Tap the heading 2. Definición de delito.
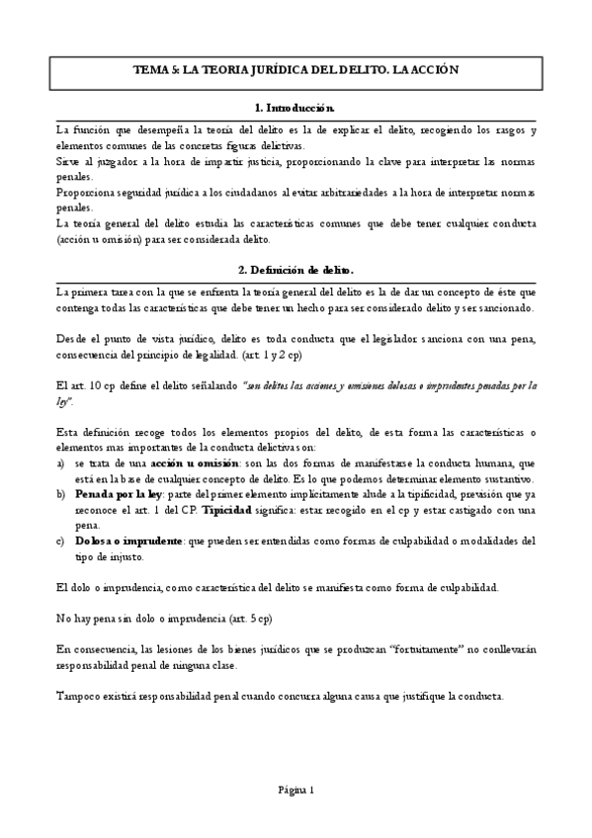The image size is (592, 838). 296,269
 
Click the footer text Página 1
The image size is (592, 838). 296,790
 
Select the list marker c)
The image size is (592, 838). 62,541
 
